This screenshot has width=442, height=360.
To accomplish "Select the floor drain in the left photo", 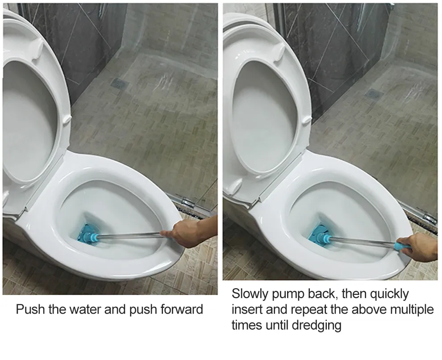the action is [x=119, y=83].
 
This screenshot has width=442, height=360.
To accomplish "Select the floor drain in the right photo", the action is [x=374, y=93].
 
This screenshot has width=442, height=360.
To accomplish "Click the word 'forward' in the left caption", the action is [x=182, y=309].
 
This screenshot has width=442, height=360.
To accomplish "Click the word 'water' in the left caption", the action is [x=86, y=309].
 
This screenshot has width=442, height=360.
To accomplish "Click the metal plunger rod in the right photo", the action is [x=363, y=242].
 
